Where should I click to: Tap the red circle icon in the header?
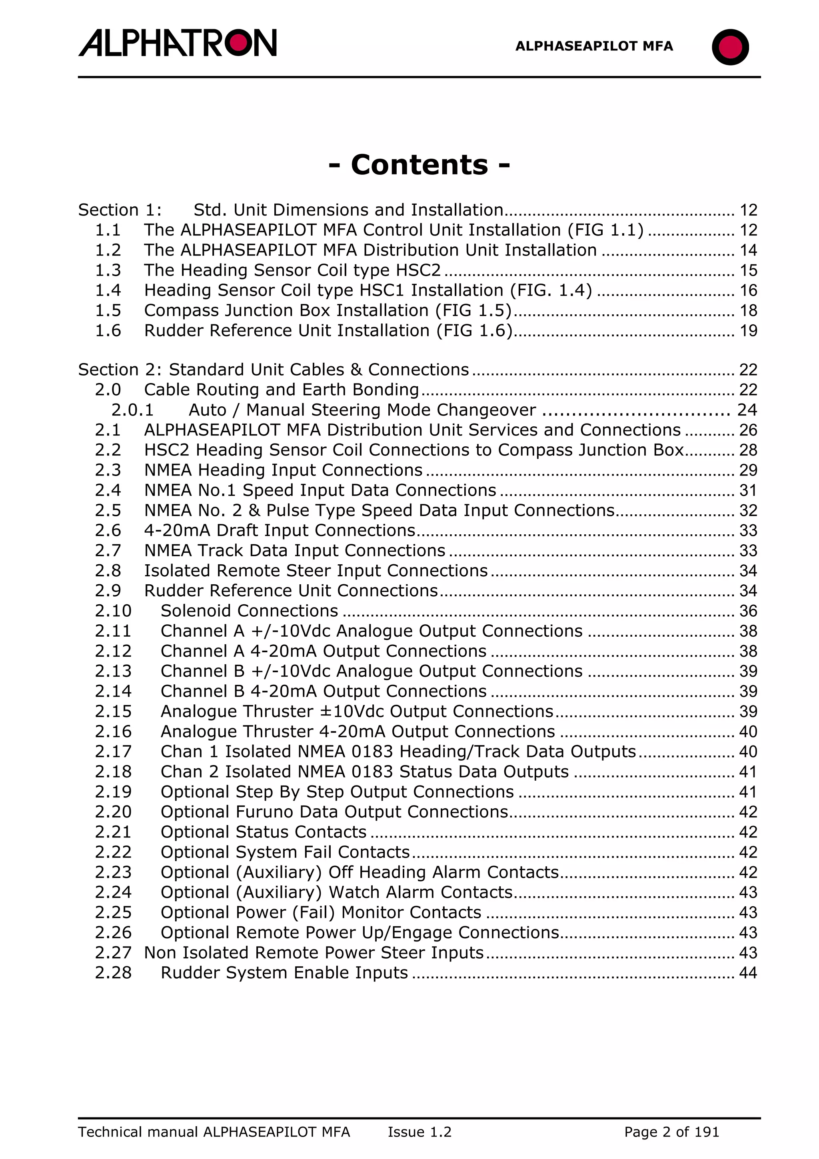(x=730, y=47)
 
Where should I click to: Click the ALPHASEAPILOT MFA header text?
(x=594, y=46)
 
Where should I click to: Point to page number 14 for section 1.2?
(x=748, y=250)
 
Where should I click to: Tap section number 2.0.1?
(x=132, y=410)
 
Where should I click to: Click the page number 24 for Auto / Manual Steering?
(x=747, y=410)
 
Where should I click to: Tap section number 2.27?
(x=113, y=953)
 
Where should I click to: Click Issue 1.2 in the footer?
(x=419, y=1132)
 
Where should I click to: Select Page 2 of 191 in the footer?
(x=671, y=1132)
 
